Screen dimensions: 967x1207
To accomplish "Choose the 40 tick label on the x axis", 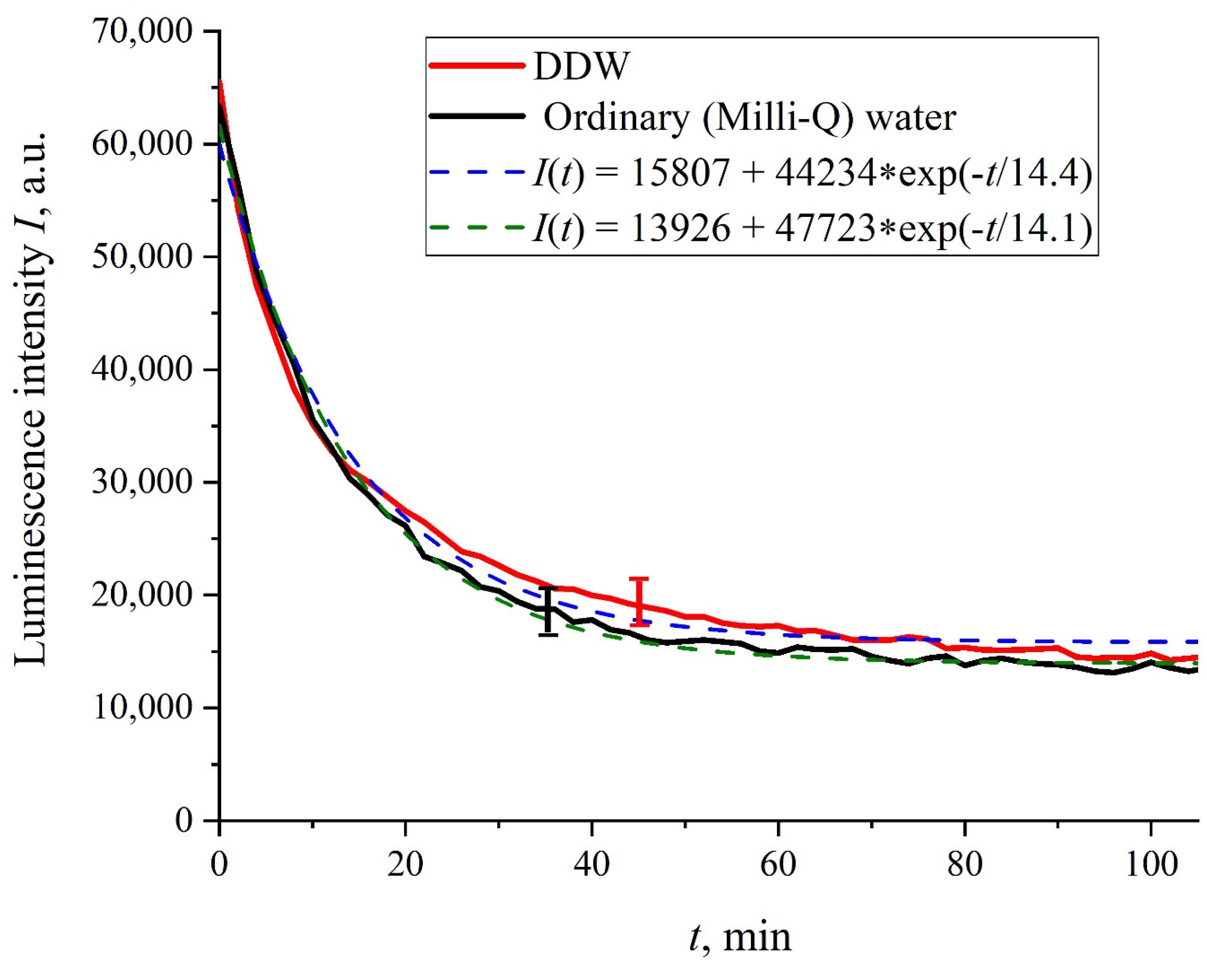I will (592, 865).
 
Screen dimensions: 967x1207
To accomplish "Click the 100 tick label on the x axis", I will (1150, 865).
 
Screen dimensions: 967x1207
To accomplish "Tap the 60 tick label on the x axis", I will (778, 865).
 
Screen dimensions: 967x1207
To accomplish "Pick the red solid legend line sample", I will (477, 66).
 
